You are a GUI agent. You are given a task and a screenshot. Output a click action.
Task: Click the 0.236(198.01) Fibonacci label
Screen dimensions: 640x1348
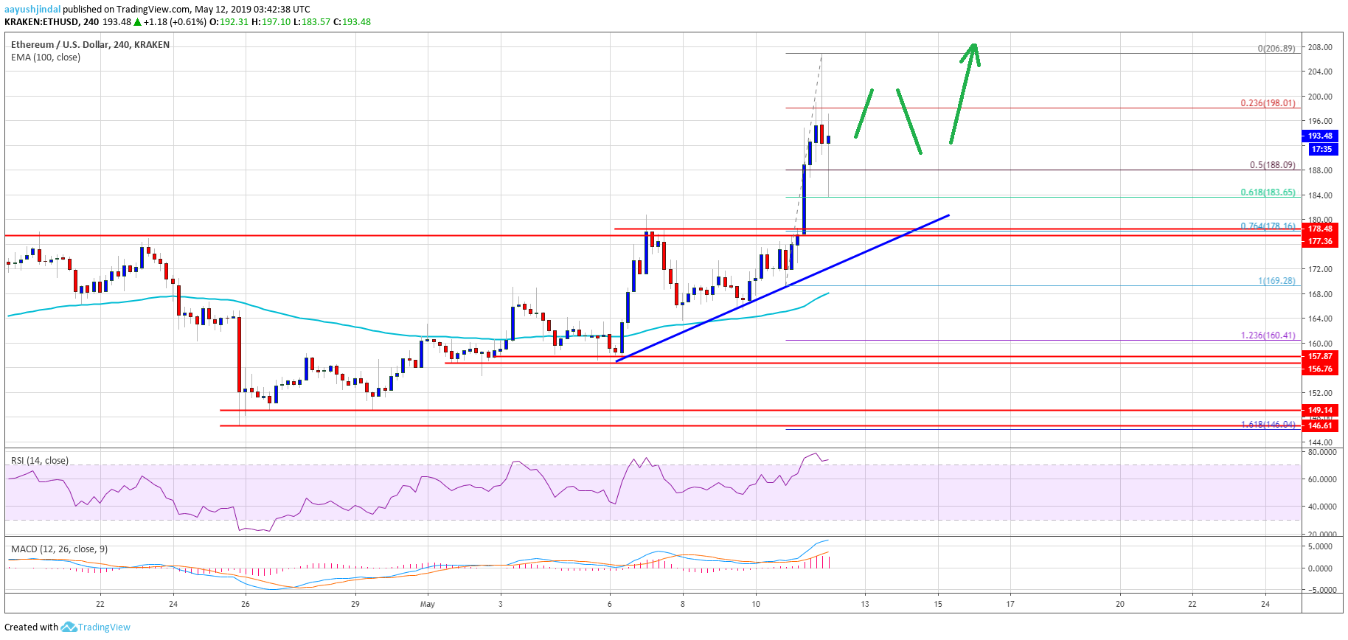coord(1268,103)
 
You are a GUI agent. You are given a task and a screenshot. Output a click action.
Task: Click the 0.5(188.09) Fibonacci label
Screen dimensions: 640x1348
coord(1272,165)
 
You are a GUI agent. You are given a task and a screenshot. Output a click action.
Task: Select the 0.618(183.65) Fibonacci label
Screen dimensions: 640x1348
coord(1268,192)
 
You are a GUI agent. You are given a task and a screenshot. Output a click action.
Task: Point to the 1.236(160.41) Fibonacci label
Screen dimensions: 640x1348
coord(1268,335)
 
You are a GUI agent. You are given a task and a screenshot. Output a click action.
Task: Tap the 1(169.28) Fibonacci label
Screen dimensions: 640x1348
coord(1276,281)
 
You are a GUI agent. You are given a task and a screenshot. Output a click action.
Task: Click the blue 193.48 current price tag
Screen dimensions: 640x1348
coord(1320,136)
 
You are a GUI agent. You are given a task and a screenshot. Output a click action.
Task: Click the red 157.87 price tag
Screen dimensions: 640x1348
coord(1320,356)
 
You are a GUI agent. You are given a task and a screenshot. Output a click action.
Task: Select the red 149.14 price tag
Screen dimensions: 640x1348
coord(1320,410)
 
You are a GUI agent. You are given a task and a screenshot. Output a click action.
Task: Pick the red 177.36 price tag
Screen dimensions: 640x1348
coord(1320,241)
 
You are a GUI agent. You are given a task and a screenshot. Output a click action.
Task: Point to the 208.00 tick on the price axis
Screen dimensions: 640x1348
coord(1320,47)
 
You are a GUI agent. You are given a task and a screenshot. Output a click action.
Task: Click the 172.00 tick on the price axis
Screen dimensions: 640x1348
coord(1320,269)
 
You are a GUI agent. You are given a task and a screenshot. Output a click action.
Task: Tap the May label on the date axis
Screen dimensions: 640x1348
coord(428,604)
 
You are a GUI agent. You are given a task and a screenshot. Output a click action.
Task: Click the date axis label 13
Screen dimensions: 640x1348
coord(864,604)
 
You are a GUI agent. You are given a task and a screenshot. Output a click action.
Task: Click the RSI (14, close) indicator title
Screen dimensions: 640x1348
coord(40,461)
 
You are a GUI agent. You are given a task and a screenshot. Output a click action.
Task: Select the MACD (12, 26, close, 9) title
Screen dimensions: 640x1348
coord(59,549)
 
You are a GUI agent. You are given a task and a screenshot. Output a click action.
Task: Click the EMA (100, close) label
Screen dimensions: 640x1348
coord(46,58)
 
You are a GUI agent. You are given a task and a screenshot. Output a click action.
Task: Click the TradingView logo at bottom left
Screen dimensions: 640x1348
coord(96,627)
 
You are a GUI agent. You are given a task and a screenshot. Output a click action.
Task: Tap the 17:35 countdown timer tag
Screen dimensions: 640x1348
coord(1321,149)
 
